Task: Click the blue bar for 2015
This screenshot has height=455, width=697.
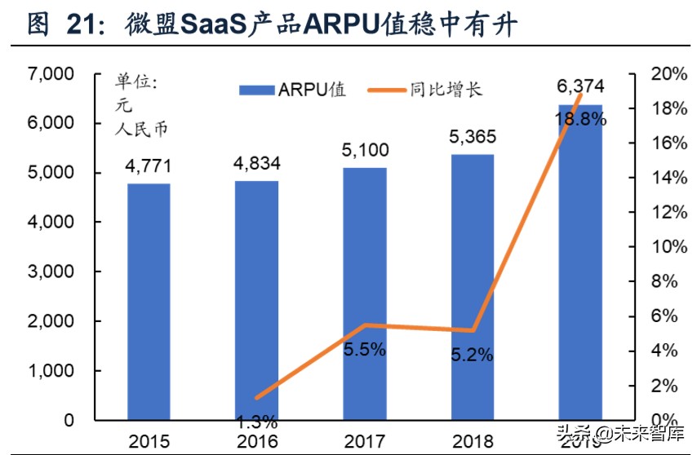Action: click(149, 302)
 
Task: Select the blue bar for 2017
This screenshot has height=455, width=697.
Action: click(365, 294)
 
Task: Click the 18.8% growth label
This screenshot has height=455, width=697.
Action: click(580, 119)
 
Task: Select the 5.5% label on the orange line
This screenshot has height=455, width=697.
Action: click(365, 350)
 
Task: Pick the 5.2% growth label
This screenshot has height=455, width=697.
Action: click(473, 355)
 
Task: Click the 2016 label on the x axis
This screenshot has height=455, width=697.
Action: click(255, 442)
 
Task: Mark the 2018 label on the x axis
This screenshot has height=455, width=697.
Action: click(473, 442)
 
